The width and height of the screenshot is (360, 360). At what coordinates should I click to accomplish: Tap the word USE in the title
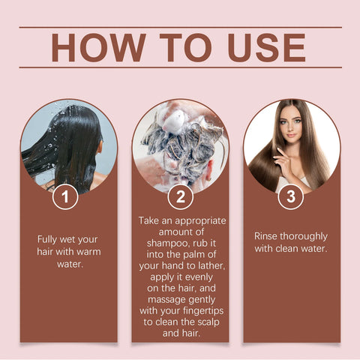click(x=263, y=47)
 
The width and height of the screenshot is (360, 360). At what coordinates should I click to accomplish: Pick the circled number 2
click(x=181, y=197)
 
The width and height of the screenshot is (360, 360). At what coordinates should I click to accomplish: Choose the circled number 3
click(x=290, y=197)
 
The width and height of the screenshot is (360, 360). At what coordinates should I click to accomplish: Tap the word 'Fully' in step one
click(x=51, y=239)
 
